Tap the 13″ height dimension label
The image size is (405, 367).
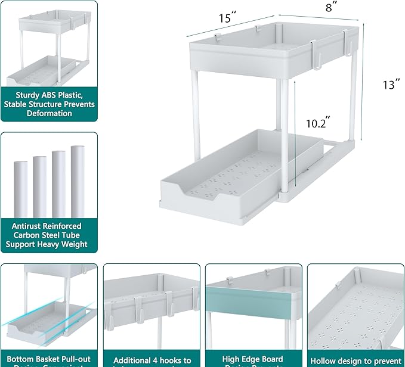tap(391, 85)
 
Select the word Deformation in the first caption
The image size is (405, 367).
tap(49, 113)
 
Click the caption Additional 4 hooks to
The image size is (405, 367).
tap(152, 359)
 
